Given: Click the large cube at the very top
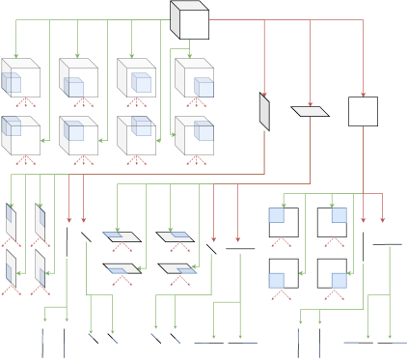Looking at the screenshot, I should coord(190,20).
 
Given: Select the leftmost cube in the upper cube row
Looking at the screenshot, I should coord(20,78).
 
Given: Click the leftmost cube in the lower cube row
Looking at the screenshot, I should coord(20,136).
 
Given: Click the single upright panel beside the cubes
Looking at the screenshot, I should coord(264,111).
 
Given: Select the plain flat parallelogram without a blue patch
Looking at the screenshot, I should coord(310,111).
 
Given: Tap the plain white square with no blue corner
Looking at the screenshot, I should coord(363,111).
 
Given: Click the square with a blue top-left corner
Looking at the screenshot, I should coord(283,222).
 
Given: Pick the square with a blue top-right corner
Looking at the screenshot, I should coord(332,222).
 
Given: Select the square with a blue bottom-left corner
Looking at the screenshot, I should coord(283,273).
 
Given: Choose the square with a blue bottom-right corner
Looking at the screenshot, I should coord(332,273).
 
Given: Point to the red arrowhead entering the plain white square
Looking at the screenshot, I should coord(363,94).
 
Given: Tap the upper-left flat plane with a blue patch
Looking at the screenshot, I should coord(122,236).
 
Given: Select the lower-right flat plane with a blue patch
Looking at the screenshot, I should coord(177,269).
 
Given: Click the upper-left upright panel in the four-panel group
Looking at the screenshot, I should coord(11,222).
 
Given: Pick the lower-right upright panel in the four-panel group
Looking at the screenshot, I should coord(41,267).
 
